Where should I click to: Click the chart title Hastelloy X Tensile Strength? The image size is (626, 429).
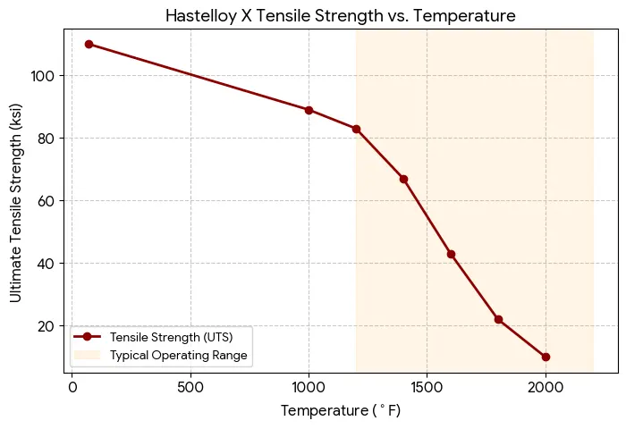(x=342, y=16)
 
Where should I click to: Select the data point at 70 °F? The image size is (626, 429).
(x=89, y=44)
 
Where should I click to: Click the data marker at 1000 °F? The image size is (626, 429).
(x=309, y=110)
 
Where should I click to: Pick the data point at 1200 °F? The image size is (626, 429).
(x=356, y=129)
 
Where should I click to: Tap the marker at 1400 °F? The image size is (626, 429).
(x=403, y=179)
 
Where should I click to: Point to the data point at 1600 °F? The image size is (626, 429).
(x=451, y=254)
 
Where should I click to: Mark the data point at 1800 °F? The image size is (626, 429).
(x=498, y=319)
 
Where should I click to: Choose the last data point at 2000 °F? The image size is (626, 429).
(x=546, y=357)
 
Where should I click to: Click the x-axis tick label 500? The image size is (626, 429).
(x=190, y=388)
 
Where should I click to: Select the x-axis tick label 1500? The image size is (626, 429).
(x=427, y=388)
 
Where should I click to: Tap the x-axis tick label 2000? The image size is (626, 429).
(x=546, y=388)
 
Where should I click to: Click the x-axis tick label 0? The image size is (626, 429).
(x=72, y=388)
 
